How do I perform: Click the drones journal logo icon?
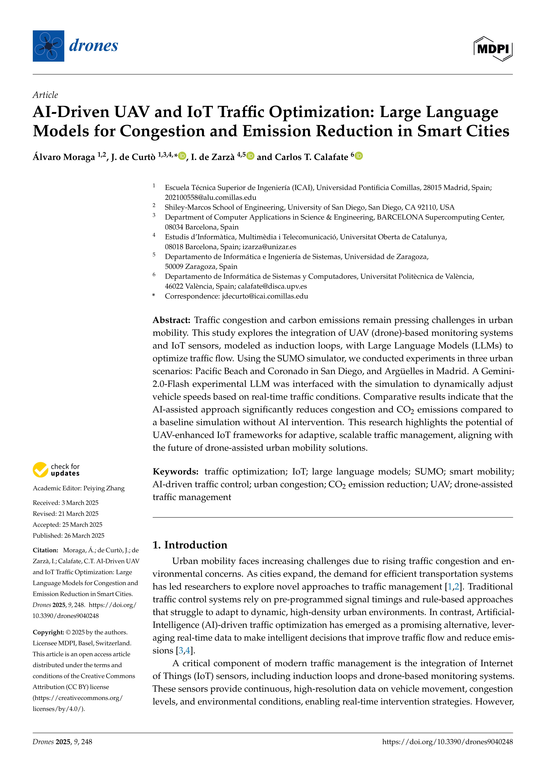pyautogui.click(x=48, y=46)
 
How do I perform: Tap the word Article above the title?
pyautogui.click(x=45, y=95)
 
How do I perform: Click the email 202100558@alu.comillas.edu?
pyautogui.click(x=210, y=197)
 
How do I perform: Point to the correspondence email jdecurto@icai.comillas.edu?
pyautogui.click(x=265, y=296)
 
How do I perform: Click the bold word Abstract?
pyautogui.click(x=172, y=320)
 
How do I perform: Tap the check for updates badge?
pyautogui.click(x=56, y=470)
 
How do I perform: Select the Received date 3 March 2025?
pyautogui.click(x=80, y=503)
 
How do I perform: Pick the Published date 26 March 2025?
pyautogui.click(x=84, y=535)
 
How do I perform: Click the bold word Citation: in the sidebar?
pyautogui.click(x=45, y=550)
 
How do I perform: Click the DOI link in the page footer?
pyautogui.click(x=447, y=742)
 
